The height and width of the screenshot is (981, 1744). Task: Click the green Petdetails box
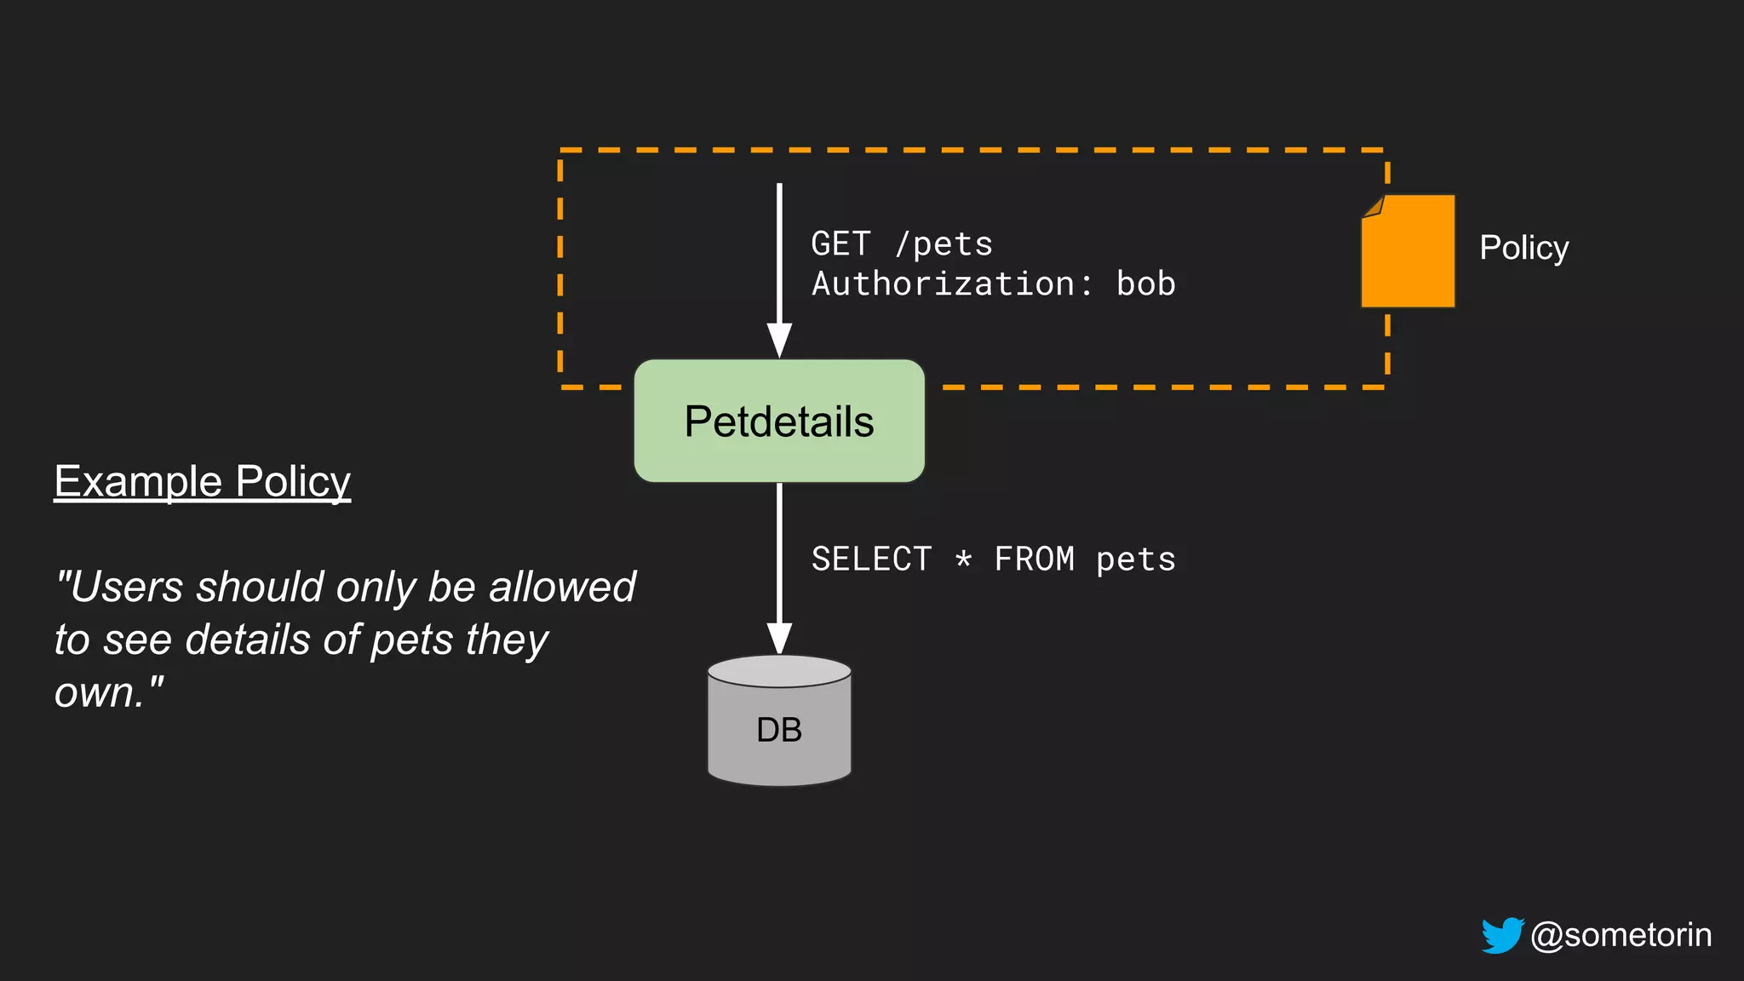779,422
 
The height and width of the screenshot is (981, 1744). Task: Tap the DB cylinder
779,724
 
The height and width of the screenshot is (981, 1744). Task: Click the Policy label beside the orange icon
1523,248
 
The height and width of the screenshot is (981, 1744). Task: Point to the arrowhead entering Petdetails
779,341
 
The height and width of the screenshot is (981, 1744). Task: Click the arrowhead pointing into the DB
779,639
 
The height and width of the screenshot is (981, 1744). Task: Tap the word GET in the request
840,244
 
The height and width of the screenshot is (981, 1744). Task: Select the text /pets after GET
944,244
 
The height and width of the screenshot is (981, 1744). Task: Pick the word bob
1145,284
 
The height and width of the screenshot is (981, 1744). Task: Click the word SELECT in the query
871,559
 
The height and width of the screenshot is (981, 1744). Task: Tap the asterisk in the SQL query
963,559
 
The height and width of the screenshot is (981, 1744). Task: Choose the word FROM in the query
1034,559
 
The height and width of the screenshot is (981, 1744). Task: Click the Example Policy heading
203,481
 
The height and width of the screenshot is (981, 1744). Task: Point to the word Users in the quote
123,587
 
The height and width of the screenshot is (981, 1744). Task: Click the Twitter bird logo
1502,935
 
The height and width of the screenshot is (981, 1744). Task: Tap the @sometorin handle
1621,935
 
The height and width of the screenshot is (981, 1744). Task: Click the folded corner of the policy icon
1372,206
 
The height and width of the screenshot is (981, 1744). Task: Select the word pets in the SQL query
1135,559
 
